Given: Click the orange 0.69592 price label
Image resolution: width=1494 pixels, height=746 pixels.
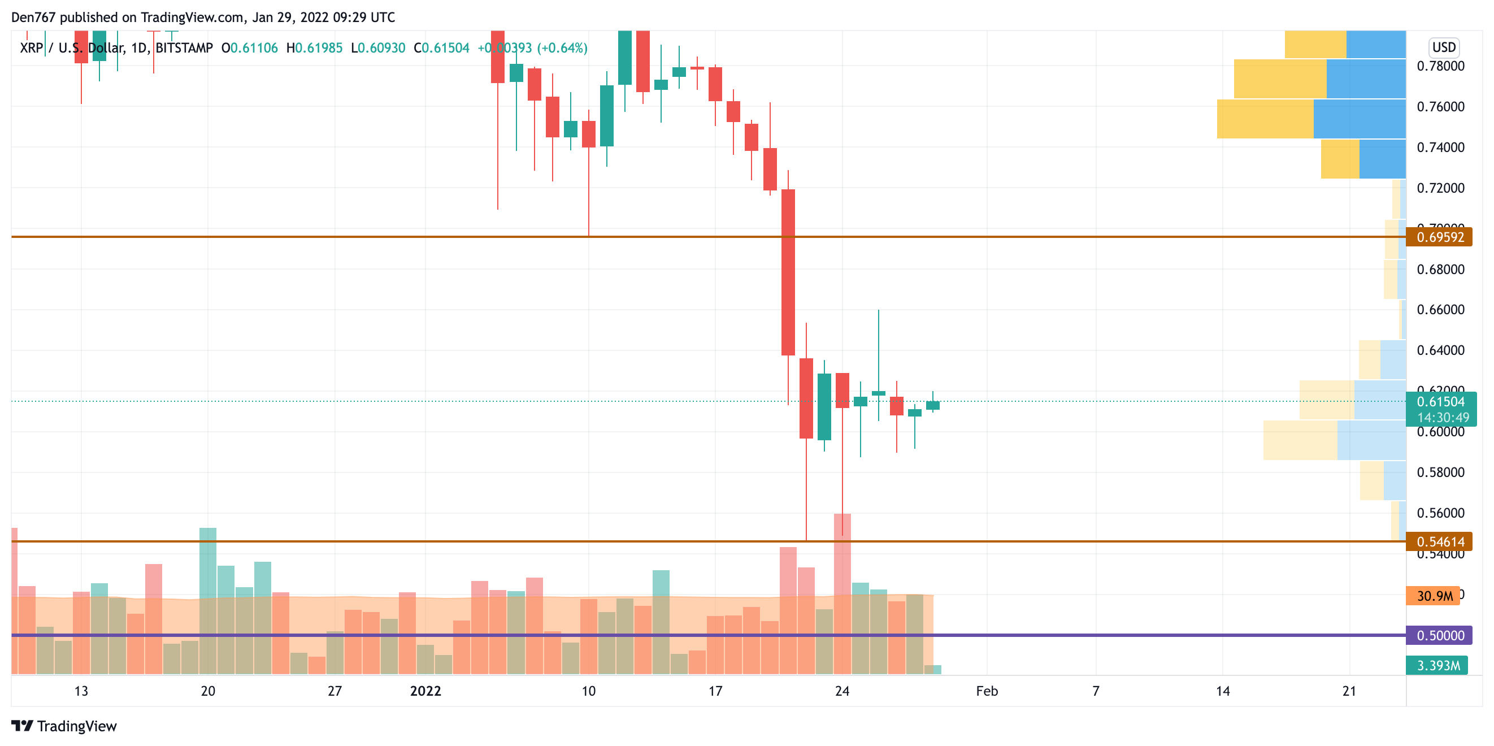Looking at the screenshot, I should click(x=1440, y=237).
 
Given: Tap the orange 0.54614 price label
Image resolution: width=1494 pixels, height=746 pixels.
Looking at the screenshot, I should click(x=1440, y=542).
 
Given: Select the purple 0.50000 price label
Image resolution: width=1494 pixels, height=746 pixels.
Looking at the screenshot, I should click(x=1440, y=636).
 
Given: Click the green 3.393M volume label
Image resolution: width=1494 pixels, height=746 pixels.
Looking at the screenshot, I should click(x=1437, y=665).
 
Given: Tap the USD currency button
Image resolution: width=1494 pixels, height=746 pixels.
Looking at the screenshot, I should click(x=1444, y=47).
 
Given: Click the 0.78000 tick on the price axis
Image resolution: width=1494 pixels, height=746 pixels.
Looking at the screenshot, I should click(x=1441, y=66).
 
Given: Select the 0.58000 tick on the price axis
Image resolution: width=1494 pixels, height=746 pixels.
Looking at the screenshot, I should click(x=1441, y=472).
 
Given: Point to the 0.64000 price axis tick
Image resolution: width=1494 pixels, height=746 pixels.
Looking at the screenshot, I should click(x=1441, y=350).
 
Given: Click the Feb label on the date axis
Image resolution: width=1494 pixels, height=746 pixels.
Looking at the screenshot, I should click(x=987, y=691).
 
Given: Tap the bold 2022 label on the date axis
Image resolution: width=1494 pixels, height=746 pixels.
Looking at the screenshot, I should click(x=425, y=691).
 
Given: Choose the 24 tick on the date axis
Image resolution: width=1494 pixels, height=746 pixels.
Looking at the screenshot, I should click(x=842, y=691).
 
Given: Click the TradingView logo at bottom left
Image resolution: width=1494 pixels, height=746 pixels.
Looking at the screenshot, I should click(x=64, y=726).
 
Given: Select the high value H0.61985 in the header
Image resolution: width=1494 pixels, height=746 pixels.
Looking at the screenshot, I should click(x=314, y=48).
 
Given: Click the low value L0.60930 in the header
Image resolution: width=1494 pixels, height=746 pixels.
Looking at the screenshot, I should click(x=378, y=48).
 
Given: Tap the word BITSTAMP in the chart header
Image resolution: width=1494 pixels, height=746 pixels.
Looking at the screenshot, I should click(x=184, y=48).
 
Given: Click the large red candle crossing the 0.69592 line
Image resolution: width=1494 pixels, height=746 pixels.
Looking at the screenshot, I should click(x=788, y=272).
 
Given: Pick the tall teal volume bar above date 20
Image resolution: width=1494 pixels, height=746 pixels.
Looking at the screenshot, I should click(x=207, y=600).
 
